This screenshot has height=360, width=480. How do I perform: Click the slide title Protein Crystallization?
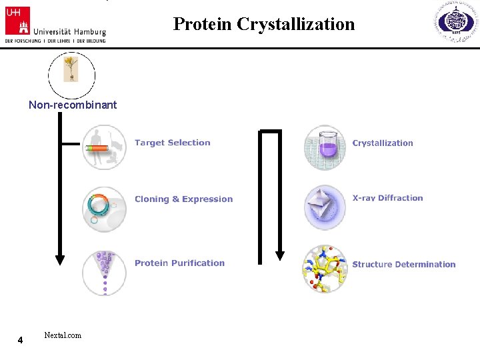[264, 25]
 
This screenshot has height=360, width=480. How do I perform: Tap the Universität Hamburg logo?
[55, 24]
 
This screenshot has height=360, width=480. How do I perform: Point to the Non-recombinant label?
[73, 105]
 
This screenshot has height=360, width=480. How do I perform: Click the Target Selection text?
[172, 143]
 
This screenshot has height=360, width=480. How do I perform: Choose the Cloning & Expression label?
[183, 199]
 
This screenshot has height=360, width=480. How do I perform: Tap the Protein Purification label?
[179, 263]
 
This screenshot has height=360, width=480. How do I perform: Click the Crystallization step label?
[383, 143]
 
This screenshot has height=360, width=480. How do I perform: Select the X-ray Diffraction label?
[387, 198]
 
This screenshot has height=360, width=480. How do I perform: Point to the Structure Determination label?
[403, 265]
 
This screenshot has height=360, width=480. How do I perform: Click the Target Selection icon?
[104, 147]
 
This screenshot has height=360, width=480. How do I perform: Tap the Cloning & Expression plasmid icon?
[104, 208]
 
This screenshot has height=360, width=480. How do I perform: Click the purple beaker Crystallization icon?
[325, 147]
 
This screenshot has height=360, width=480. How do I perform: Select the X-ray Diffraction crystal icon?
[325, 207]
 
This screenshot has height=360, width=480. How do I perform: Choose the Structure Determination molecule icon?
[325, 269]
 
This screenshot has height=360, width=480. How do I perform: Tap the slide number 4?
[20, 341]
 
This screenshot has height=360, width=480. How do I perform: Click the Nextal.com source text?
[63, 335]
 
